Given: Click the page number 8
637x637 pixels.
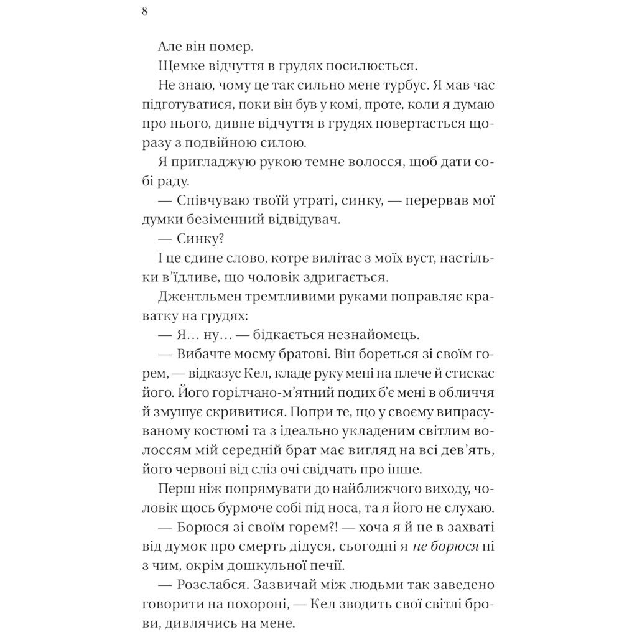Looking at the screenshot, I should point(145,12).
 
